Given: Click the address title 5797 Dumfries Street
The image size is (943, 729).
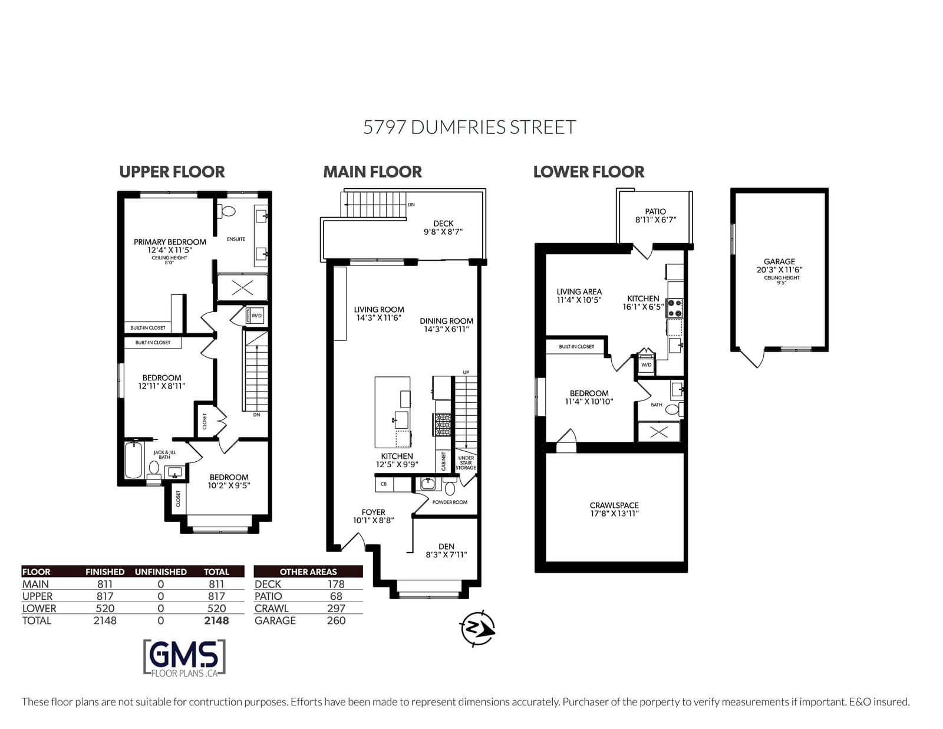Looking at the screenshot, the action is tap(469, 127).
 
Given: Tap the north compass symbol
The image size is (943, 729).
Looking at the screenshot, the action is tap(477, 628).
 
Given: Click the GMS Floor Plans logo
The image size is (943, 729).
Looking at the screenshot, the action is tap(184, 658).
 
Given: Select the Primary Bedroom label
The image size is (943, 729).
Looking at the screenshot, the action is tap(170, 242).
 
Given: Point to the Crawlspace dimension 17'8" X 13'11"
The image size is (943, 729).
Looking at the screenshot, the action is tap(614, 513).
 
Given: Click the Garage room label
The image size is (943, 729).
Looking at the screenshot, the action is tap(779, 261).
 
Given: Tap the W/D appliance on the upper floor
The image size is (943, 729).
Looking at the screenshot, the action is tap(255, 316).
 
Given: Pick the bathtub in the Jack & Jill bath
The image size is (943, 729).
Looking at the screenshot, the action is tap(134, 460).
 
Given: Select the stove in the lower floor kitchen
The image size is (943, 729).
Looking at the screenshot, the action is tap(674, 308).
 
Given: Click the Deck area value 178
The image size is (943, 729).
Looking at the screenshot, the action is tap(336, 584).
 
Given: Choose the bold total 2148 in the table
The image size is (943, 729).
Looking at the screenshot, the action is tap(216, 621).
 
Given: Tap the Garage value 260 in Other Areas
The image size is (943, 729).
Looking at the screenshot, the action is tap(336, 621).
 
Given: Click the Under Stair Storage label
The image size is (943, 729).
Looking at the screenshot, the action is tap(466, 463).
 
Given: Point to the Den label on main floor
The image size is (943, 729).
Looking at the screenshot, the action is tap(446, 546).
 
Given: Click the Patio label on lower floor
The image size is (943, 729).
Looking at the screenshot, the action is tap(655, 212).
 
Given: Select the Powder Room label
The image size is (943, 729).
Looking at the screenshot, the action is tap(450, 502).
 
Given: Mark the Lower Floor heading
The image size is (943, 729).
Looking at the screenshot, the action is tap(588, 172).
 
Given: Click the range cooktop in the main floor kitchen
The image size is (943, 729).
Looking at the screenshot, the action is tap(443, 424).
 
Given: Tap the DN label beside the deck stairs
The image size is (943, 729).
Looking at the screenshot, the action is tap(411, 205).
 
